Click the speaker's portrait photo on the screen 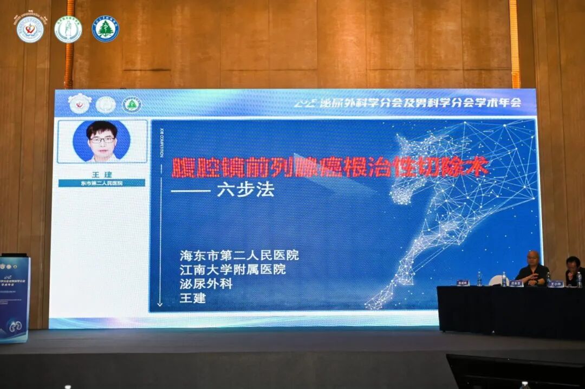102,141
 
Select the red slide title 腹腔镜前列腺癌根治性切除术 330,167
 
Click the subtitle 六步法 245,190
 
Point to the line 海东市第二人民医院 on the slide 239,255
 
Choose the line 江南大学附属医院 233,269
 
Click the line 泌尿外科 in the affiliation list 206,283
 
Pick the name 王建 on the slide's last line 193,297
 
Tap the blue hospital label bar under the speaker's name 102,183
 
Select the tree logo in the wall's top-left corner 105,29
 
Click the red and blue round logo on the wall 30,29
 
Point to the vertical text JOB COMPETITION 161,144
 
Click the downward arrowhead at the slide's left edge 160,304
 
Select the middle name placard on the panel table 516,283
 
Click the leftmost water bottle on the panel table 479,278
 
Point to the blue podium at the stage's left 14,298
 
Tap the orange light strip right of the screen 515,43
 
